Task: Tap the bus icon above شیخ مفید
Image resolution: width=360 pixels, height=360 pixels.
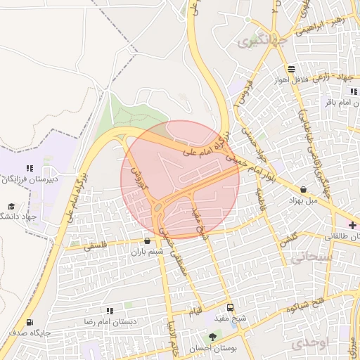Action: [x=230, y=308]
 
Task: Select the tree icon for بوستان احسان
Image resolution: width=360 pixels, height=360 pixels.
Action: [x=212, y=337]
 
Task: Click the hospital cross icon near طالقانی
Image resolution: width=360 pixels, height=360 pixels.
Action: [x=352, y=226]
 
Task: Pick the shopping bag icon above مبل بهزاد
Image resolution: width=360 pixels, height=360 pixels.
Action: [x=303, y=189]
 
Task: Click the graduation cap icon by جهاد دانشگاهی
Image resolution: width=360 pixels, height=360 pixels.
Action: [x=11, y=207]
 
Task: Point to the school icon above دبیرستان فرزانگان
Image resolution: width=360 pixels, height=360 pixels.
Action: [x=29, y=169]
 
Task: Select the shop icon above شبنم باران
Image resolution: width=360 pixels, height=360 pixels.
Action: [x=147, y=240]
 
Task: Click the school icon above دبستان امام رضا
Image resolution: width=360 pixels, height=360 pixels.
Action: [x=110, y=310]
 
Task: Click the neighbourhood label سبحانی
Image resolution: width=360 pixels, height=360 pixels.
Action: [x=307, y=259]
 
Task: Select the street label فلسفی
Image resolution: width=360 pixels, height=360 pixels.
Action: [x=96, y=247]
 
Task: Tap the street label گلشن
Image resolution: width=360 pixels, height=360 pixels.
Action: [x=287, y=240]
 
